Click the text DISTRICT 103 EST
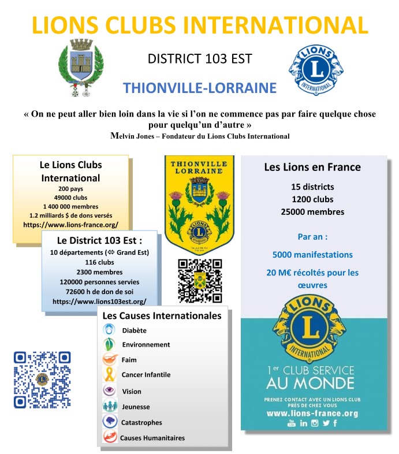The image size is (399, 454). pos(200,59)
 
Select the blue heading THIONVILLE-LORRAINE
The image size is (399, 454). pos(200,88)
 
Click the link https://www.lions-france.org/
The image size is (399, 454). pos(70,224)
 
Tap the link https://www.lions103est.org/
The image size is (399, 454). pos(99,301)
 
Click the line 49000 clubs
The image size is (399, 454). pos(70,197)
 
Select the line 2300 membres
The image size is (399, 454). pos(99,272)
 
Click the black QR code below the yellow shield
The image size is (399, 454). pos(200,280)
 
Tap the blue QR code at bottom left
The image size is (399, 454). pos(42,379)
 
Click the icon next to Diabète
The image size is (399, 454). pos(109,330)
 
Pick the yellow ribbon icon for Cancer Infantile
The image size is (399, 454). pos(109,375)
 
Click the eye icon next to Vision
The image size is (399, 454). pos(109,391)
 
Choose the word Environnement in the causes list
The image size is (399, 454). pos(146,345)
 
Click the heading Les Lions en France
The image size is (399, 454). pos(312,168)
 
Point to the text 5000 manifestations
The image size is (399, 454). pos(312,255)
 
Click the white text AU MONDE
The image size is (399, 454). pos(310,383)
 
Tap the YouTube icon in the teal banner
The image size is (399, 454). pos(292,423)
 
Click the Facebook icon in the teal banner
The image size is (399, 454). pos(335,423)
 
